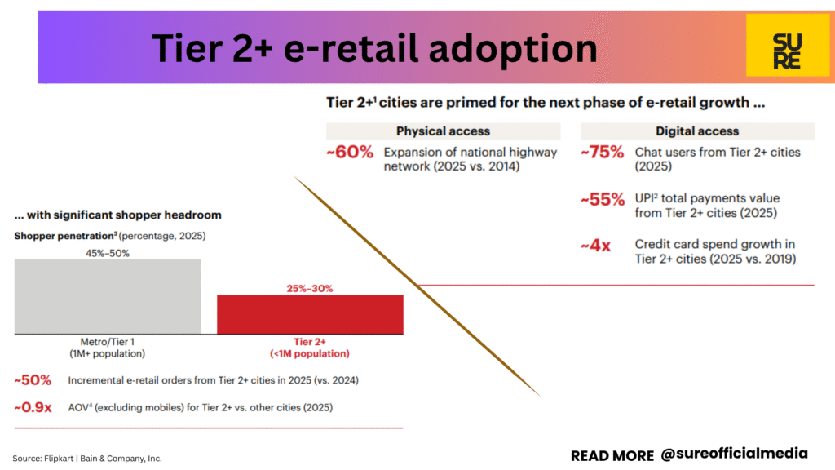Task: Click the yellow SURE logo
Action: pyautogui.click(x=788, y=46)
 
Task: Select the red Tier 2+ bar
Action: pyautogui.click(x=310, y=314)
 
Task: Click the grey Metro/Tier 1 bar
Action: pyautogui.click(x=108, y=297)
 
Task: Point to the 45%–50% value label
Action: pyautogui.click(x=108, y=253)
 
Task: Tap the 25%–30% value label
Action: pyautogui.click(x=310, y=288)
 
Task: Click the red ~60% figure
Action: pyautogui.click(x=350, y=152)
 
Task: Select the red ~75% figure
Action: pyautogui.click(x=603, y=152)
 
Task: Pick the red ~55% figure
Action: pyautogui.click(x=603, y=199)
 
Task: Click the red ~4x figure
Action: pyautogui.click(x=596, y=246)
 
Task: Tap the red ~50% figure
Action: pyautogui.click(x=33, y=380)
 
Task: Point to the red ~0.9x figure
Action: pyautogui.click(x=33, y=408)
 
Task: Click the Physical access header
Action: pyautogui.click(x=443, y=131)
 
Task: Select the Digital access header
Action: pyautogui.click(x=698, y=131)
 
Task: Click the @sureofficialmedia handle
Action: pyautogui.click(x=735, y=454)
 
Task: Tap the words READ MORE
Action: pyautogui.click(x=612, y=456)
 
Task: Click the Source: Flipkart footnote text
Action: pyautogui.click(x=87, y=459)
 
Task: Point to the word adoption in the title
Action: pyautogui.click(x=513, y=49)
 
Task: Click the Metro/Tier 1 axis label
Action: pyautogui.click(x=108, y=348)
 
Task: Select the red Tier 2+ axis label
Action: pyautogui.click(x=310, y=348)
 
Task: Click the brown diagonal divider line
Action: pyautogui.click(x=417, y=286)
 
